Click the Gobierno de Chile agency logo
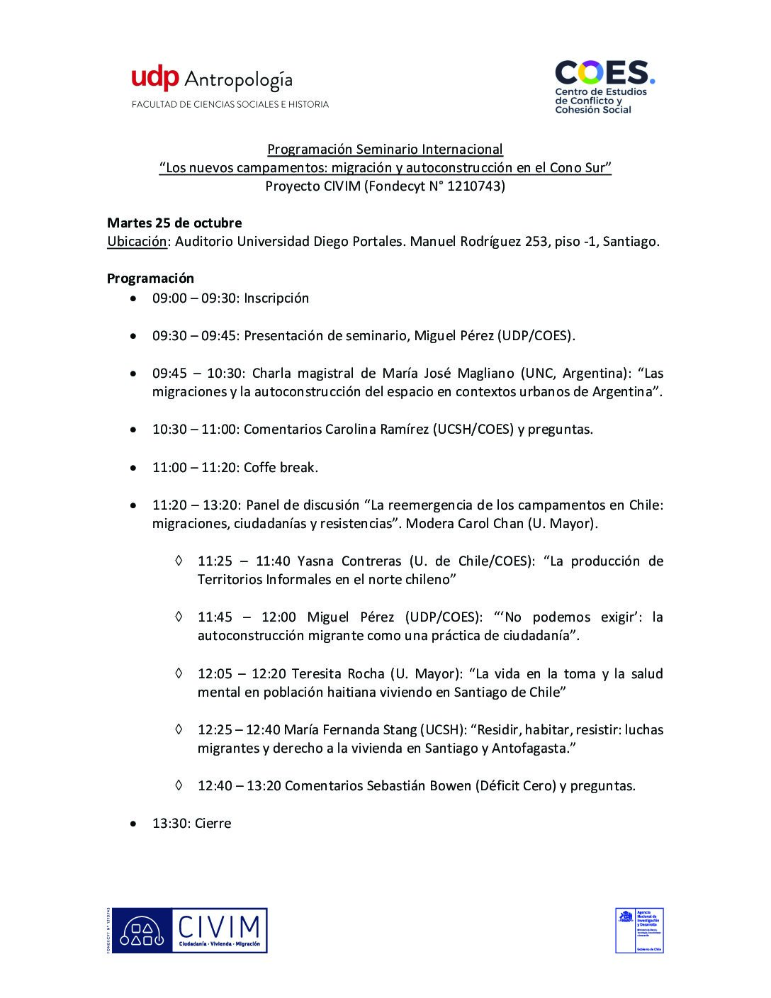click(x=639, y=930)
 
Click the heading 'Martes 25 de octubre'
click(x=174, y=223)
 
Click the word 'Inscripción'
click(x=276, y=298)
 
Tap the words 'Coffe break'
click(x=280, y=467)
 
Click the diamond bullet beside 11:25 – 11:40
click(x=179, y=561)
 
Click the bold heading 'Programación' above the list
click(x=150, y=279)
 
